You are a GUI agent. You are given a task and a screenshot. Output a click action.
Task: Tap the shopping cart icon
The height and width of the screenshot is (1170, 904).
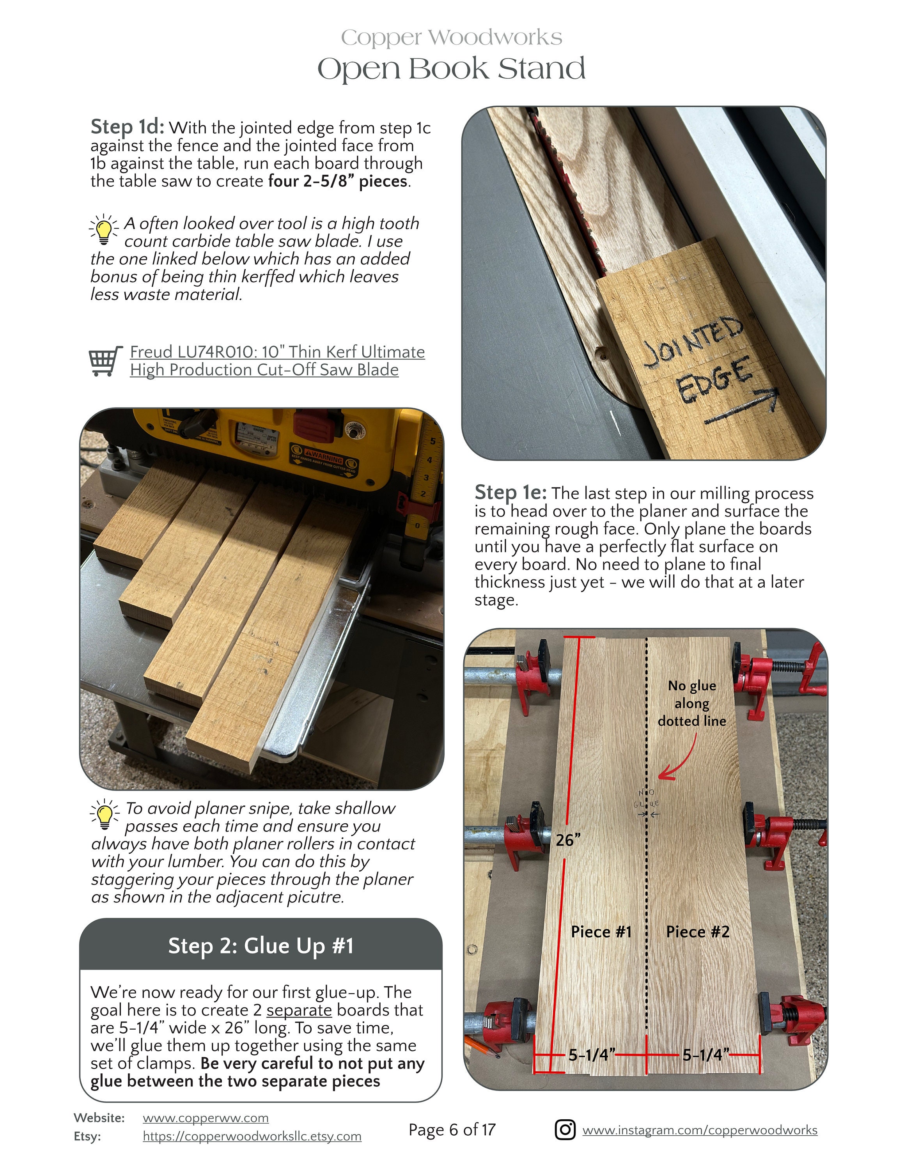pos(105,361)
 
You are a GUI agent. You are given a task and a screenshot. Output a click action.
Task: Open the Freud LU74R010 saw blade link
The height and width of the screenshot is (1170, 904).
pos(277,360)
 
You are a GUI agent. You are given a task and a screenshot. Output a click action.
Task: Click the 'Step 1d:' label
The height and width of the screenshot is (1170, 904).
pos(127,127)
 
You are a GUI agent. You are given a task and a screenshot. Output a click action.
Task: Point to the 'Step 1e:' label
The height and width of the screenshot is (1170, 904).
pos(510,492)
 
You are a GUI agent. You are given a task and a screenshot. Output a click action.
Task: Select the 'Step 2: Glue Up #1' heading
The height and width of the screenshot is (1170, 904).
pos(261,945)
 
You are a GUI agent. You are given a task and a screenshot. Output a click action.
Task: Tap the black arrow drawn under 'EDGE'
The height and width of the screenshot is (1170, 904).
pos(742,408)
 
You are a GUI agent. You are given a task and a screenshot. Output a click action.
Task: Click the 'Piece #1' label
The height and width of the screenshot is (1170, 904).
pos(601,932)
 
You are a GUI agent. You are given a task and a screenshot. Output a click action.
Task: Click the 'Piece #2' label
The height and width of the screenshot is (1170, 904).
pos(697,932)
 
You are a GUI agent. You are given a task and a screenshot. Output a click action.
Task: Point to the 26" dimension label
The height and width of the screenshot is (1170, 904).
pos(568,839)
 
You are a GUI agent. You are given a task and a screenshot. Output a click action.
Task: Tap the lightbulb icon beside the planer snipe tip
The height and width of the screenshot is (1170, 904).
pos(105,814)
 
